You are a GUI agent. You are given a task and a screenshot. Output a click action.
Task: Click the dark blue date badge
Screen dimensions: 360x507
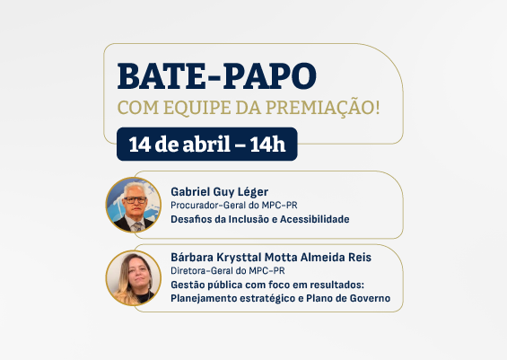pyautogui.click(x=206, y=144)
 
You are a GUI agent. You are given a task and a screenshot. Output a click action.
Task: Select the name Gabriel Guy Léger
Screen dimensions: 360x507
pyautogui.click(x=219, y=191)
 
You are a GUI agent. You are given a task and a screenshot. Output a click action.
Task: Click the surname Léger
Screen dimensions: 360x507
pyautogui.click(x=252, y=191)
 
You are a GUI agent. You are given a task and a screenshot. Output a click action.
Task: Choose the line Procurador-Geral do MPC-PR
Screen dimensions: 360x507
pyautogui.click(x=233, y=205)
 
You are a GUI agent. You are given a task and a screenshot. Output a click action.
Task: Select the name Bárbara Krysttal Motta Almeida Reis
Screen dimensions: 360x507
pyautogui.click(x=270, y=258)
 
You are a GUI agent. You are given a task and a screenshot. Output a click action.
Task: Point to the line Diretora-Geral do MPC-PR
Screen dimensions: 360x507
pyautogui.click(x=228, y=271)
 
